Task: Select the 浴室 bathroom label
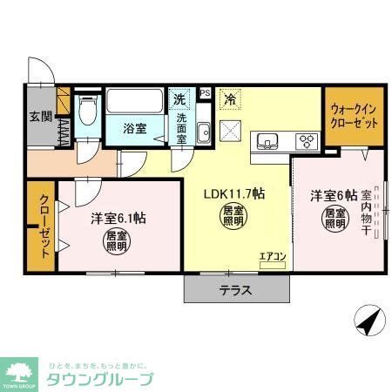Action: (x=133, y=127)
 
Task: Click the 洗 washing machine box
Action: (x=179, y=98)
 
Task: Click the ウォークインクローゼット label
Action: (x=355, y=117)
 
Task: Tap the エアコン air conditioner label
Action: (x=272, y=255)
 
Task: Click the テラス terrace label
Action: (x=235, y=291)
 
